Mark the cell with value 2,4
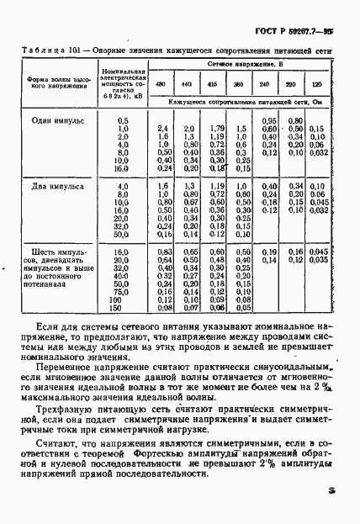click(x=164, y=128)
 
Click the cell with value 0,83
click(x=164, y=251)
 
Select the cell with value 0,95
click(x=268, y=120)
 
